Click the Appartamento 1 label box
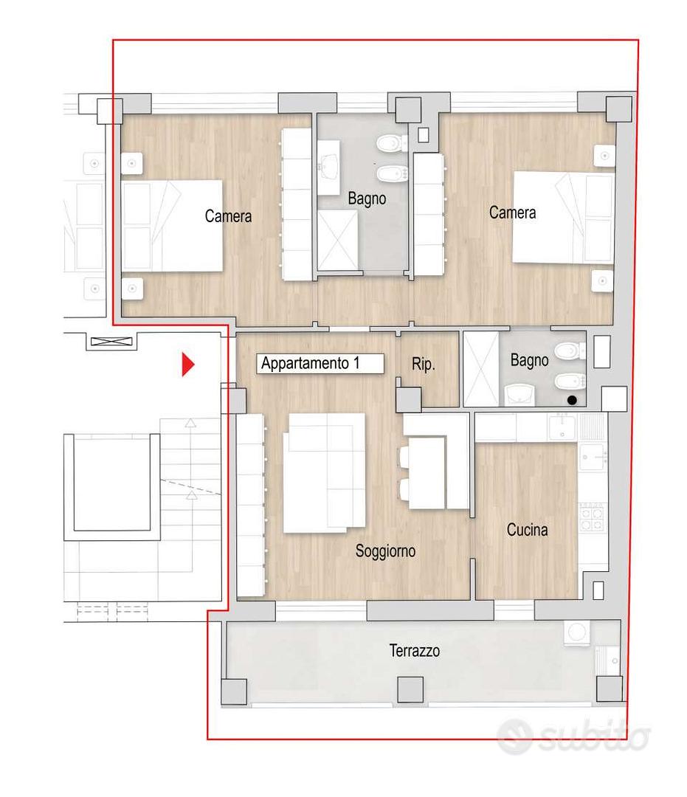(320, 363)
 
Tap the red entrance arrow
(188, 364)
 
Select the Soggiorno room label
(385, 551)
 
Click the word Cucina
(527, 530)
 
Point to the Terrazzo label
(414, 651)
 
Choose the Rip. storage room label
(423, 364)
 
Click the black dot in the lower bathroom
(572, 400)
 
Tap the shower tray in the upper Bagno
(337, 241)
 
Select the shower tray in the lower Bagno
(481, 369)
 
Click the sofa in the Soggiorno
(324, 473)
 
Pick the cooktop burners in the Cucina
(592, 517)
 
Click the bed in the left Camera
(172, 226)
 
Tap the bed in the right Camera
(563, 218)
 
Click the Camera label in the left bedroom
(228, 216)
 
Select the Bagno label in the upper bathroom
(367, 199)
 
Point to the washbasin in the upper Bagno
(328, 168)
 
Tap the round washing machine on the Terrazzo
(577, 633)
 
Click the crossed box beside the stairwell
(111, 342)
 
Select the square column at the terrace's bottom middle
(410, 690)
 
